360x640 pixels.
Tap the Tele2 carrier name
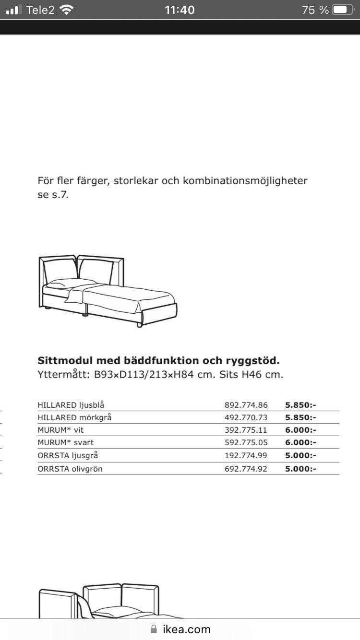40,10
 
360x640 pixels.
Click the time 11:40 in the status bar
180,10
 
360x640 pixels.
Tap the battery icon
342,10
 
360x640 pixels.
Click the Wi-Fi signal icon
67,10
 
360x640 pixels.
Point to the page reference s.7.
60,196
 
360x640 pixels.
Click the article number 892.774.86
246,405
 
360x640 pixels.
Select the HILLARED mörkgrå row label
74,417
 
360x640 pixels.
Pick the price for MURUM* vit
300,430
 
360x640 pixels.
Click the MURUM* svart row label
66,443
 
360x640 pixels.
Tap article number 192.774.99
246,455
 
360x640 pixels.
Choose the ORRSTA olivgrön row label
70,468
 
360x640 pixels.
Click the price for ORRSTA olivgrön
300,468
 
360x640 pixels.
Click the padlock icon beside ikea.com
154,629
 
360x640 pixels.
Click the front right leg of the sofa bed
140,324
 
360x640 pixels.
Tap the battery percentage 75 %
315,10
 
